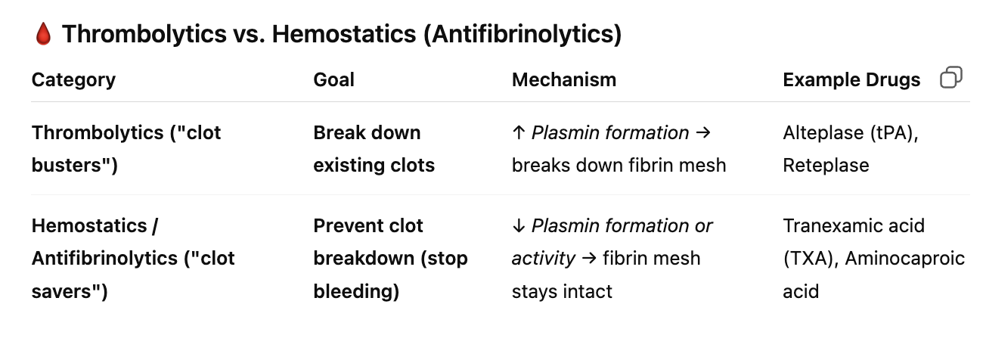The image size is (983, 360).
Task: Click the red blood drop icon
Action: pyautogui.click(x=43, y=34)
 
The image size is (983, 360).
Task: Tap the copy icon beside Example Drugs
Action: pyautogui.click(x=951, y=77)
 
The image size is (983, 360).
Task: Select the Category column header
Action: pyautogui.click(x=74, y=80)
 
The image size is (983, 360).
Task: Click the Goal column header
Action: pyautogui.click(x=333, y=80)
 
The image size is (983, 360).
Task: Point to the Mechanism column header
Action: pyautogui.click(x=564, y=80)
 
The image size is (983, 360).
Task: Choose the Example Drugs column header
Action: pyautogui.click(x=851, y=80)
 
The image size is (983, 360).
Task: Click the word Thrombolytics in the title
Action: pyautogui.click(x=144, y=34)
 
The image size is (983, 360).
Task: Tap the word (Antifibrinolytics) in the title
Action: pyautogui.click(x=523, y=34)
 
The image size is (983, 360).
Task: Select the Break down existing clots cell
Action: pyautogui.click(x=374, y=149)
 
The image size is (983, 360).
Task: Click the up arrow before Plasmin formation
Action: pyautogui.click(x=519, y=132)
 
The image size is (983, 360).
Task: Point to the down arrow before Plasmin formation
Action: pyautogui.click(x=519, y=225)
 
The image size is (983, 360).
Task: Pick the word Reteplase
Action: pyautogui.click(x=826, y=166)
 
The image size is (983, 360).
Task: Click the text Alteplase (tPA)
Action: pyautogui.click(x=848, y=133)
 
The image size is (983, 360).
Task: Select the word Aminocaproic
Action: pyautogui.click(x=905, y=259)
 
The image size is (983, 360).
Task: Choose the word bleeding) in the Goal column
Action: pyautogui.click(x=356, y=291)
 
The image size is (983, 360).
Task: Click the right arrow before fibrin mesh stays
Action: pyautogui.click(x=589, y=258)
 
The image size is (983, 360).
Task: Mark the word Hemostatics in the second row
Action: pyautogui.click(x=89, y=225)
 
